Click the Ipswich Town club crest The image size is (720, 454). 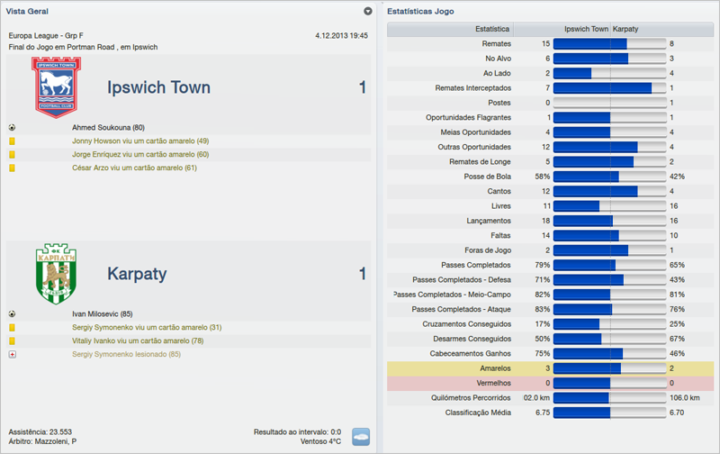[56, 87]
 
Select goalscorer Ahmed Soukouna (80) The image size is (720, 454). [108, 128]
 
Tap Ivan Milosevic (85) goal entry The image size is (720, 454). [103, 314]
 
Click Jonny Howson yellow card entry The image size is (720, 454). [140, 141]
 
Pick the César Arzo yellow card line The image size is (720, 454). [134, 168]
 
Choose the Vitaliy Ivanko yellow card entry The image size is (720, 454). [137, 341]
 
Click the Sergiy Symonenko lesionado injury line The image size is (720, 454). [126, 355]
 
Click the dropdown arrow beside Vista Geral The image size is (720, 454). [367, 12]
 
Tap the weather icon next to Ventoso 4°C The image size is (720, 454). [360, 436]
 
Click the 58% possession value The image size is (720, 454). [542, 177]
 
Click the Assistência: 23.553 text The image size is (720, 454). [40, 431]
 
